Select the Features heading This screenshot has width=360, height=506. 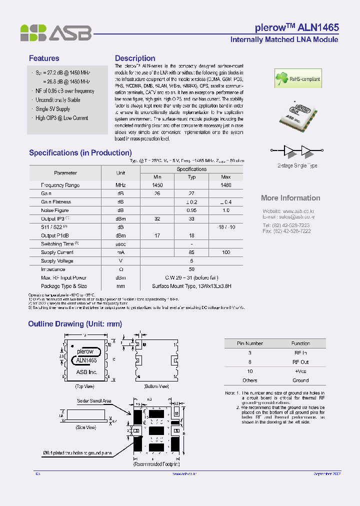pos(44,58)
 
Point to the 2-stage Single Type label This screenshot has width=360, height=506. pos(297,165)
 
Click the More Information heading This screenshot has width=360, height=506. pos(290,198)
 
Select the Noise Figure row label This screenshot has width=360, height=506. pos(55,210)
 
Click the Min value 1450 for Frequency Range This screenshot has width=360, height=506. pos(157,185)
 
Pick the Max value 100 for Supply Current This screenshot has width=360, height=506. pos(225,252)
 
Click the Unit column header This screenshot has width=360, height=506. pos(120,172)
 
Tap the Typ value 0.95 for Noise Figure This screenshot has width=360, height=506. pos(191,210)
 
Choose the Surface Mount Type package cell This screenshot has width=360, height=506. pos(191,286)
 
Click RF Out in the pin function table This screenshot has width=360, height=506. pos(300,362)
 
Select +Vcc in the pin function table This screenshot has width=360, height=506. pos(300,371)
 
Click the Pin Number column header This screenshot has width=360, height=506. pos(250,343)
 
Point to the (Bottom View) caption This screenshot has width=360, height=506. pos(156,386)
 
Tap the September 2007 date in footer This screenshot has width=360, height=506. pos(327,473)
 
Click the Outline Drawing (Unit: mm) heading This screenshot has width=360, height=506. pos(75,324)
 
